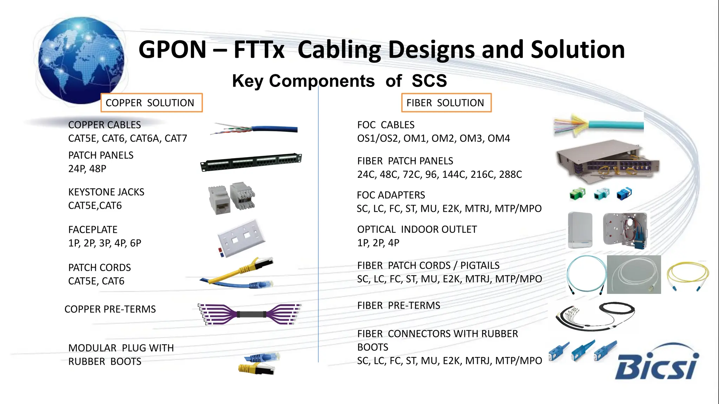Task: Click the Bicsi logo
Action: click(657, 365)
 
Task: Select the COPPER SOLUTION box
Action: click(151, 103)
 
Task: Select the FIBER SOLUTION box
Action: click(446, 103)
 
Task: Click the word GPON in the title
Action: click(172, 49)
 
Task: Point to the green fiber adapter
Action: click(577, 194)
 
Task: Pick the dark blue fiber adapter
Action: click(624, 194)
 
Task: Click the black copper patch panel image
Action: click(251, 162)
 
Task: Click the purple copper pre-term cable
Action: click(249, 314)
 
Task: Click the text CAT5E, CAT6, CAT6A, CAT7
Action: click(127, 139)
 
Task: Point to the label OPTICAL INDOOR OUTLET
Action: click(417, 229)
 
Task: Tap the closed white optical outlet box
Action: click(580, 230)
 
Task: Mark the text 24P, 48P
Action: click(87, 169)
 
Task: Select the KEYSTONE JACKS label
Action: click(106, 192)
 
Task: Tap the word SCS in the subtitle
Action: click(429, 81)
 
